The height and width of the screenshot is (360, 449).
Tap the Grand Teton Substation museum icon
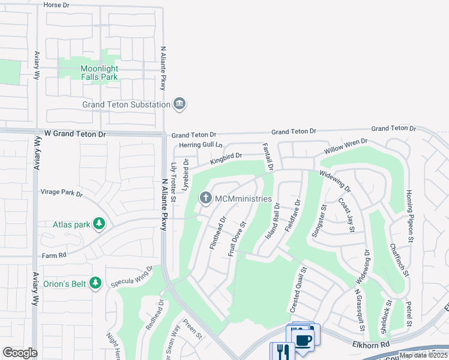[179, 105]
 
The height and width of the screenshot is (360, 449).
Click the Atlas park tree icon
[99, 224]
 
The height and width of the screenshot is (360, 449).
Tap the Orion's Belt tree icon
[95, 282]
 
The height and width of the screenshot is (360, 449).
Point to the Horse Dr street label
[58, 4]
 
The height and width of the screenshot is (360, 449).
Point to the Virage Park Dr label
[61, 193]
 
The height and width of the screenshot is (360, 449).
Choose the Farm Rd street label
[53, 256]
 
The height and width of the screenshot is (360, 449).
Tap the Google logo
[20, 353]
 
